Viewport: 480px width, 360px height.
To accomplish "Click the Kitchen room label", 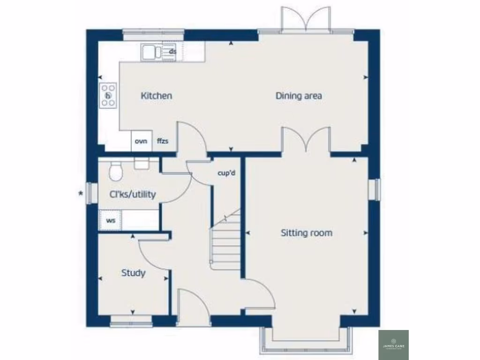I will pyautogui.click(x=157, y=96).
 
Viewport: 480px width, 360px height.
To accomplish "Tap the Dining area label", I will pyautogui.click(x=299, y=96).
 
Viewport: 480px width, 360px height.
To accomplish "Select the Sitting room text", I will pyautogui.click(x=306, y=232).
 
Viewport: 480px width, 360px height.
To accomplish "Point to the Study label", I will pyautogui.click(x=133, y=273).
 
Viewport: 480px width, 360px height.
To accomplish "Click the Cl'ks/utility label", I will pyautogui.click(x=132, y=194).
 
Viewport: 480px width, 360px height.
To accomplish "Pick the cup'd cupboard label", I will pyautogui.click(x=226, y=173).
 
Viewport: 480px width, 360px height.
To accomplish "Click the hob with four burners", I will pyautogui.click(x=108, y=96).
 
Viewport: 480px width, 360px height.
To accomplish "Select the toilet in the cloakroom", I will pyautogui.click(x=115, y=172).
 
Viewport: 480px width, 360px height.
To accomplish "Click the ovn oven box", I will pyautogui.click(x=141, y=141).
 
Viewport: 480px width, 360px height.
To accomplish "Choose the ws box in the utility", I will pyautogui.click(x=111, y=220).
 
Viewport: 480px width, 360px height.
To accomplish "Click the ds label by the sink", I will pyautogui.click(x=172, y=51).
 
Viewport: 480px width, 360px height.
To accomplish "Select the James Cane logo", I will pyautogui.click(x=393, y=345).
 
